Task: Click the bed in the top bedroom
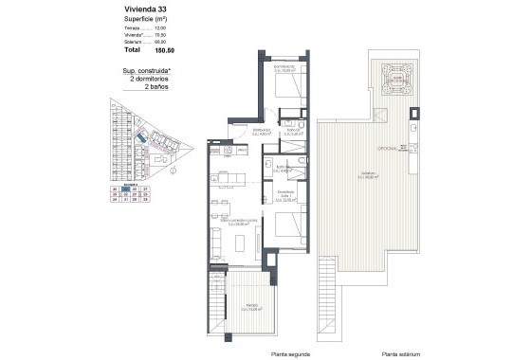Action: (287, 88)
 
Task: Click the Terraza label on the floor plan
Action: (251, 306)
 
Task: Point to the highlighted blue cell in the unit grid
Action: (137, 189)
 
